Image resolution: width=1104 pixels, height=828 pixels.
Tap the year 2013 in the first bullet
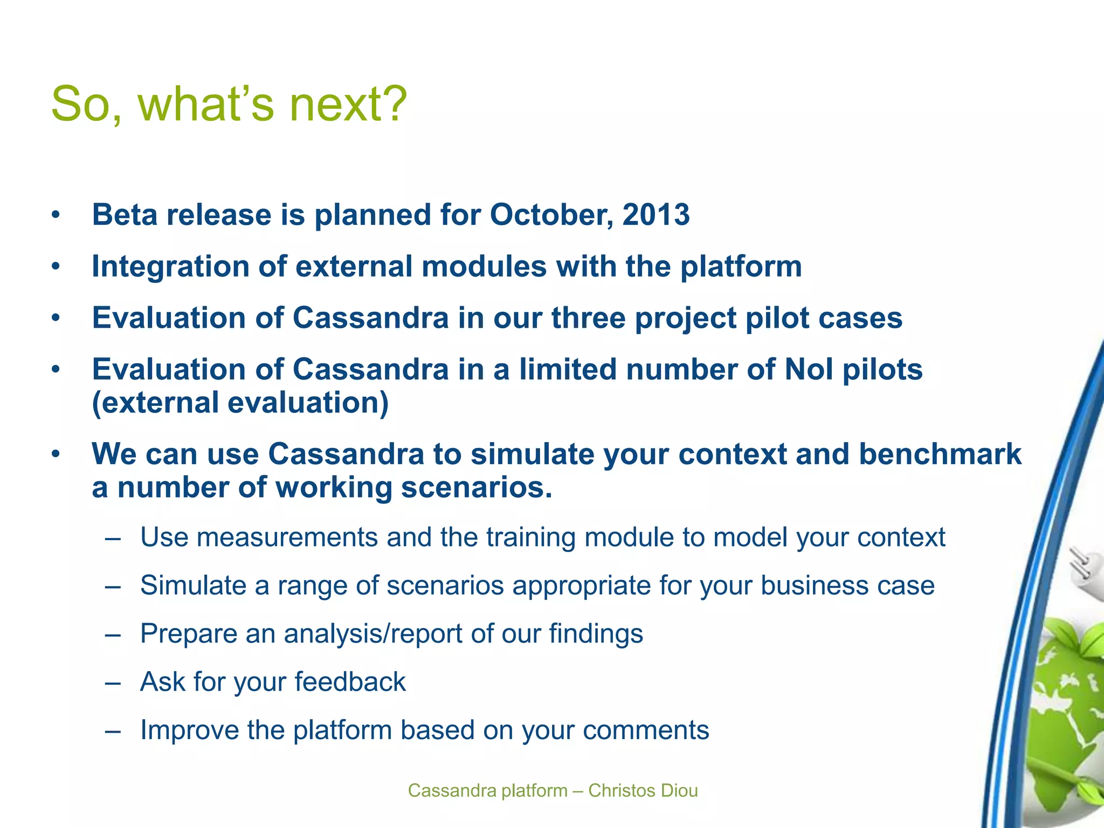click(655, 215)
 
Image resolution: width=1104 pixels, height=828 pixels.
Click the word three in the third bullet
click(588, 318)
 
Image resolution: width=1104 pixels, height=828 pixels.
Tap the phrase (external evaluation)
click(240, 403)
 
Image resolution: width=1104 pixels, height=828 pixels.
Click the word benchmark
click(940, 454)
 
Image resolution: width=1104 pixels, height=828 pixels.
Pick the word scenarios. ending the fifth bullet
click(477, 487)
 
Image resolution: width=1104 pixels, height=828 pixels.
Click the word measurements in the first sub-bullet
click(287, 537)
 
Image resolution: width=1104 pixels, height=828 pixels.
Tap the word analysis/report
click(372, 633)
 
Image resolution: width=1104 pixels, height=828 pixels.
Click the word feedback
click(350, 682)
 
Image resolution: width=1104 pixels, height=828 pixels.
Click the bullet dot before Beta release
click(56, 216)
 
